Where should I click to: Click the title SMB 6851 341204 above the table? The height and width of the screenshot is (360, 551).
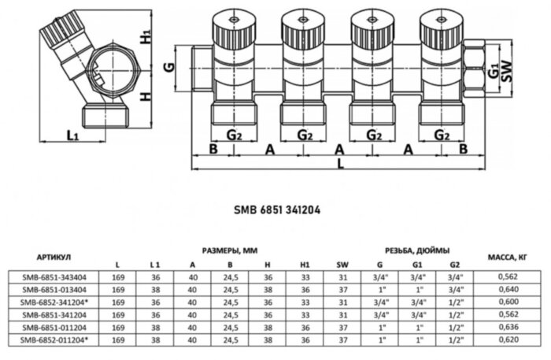tap(275, 210)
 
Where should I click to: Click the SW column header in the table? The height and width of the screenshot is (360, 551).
tap(342, 265)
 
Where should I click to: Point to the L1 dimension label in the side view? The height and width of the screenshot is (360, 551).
tap(72, 135)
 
